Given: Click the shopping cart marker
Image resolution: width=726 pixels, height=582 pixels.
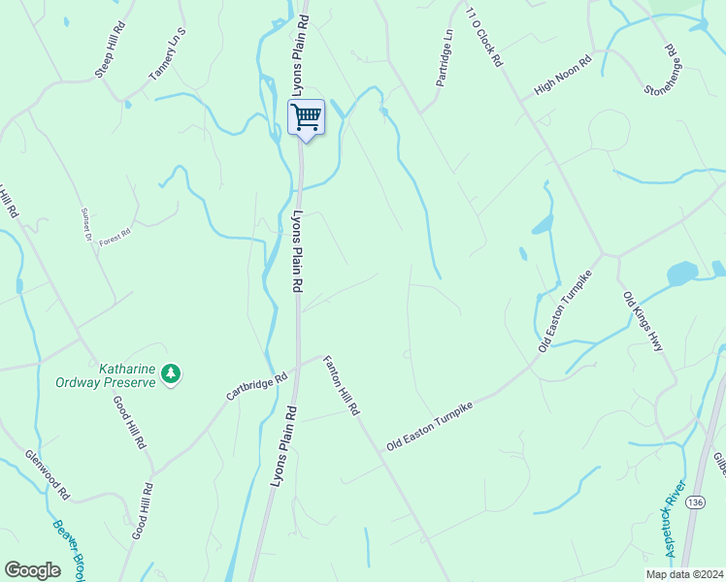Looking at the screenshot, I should (306, 117).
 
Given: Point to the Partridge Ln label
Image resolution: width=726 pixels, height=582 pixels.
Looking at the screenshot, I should (445, 57).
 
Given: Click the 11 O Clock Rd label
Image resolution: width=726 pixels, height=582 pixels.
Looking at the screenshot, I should (483, 37).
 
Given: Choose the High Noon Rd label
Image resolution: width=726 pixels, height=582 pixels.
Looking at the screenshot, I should (563, 78).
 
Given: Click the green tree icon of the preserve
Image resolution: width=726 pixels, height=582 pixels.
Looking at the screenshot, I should (171, 373).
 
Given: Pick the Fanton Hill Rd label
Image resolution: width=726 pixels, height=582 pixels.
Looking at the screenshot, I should (342, 385).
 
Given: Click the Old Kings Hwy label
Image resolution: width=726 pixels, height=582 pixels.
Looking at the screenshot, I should (643, 321).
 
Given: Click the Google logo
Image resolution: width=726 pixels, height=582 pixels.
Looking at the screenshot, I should (32, 570).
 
